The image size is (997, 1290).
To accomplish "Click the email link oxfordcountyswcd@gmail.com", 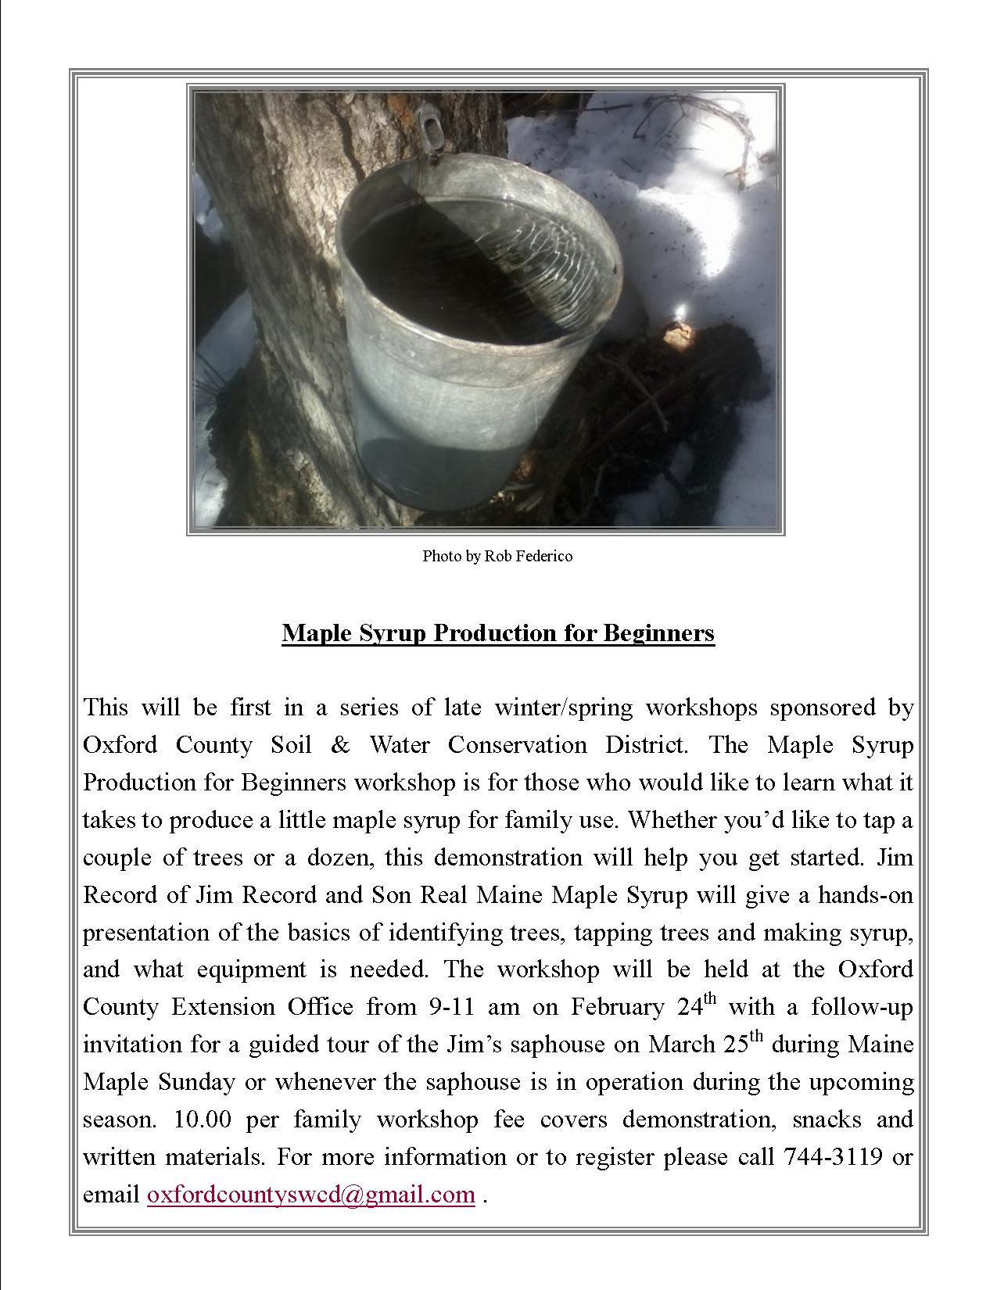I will click(311, 1195).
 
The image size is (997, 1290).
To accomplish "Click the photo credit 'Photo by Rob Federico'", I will click(497, 556).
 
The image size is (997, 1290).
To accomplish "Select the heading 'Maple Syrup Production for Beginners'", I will click(498, 632).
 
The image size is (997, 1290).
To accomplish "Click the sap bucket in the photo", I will click(477, 328).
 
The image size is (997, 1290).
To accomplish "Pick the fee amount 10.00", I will click(202, 1120).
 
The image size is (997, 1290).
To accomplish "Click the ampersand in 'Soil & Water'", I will click(340, 745).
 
